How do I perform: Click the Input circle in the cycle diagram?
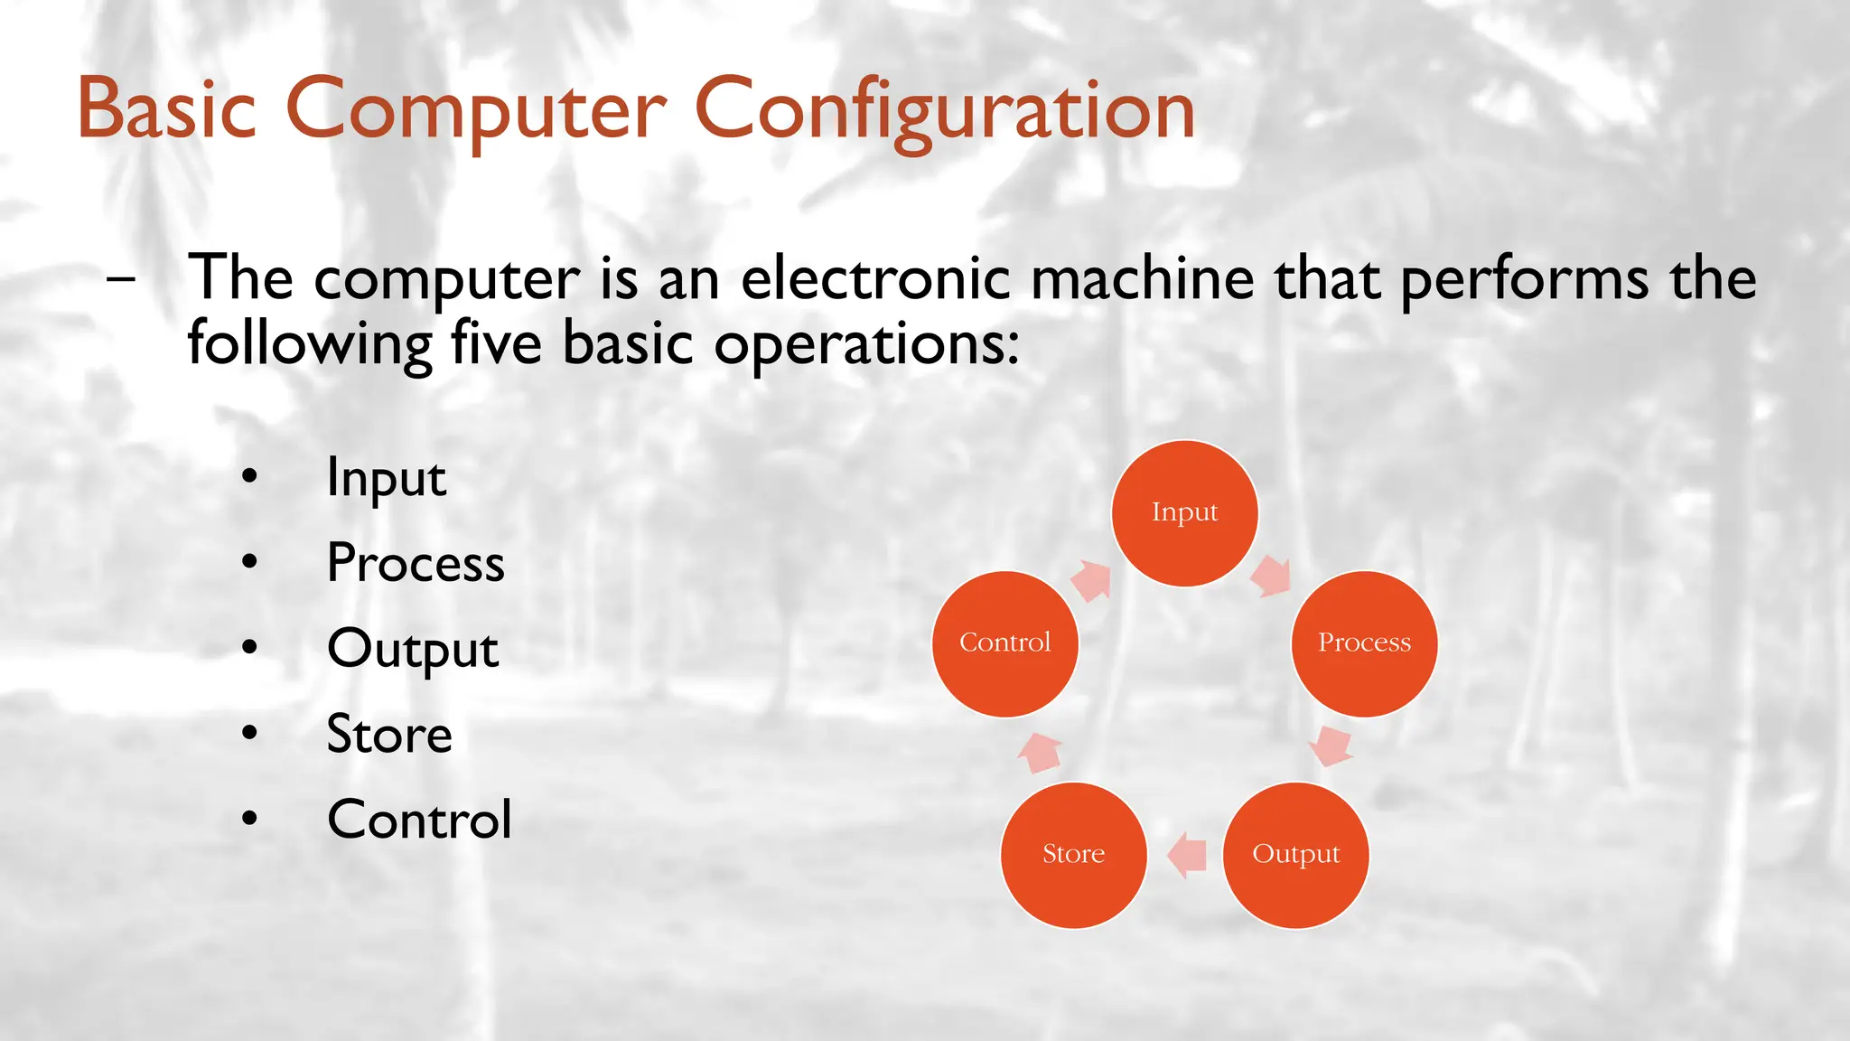pyautogui.click(x=1184, y=513)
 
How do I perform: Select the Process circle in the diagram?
pyautogui.click(x=1364, y=643)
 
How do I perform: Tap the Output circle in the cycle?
pyautogui.click(x=1295, y=855)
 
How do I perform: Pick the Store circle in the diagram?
pyautogui.click(x=1074, y=855)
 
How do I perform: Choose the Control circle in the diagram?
pyautogui.click(x=1005, y=643)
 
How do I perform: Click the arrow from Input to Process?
pyautogui.click(x=1272, y=576)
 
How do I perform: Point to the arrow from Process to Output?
pyautogui.click(x=1330, y=745)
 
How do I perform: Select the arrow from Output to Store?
pyautogui.click(x=1187, y=854)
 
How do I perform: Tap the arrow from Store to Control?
pyautogui.click(x=1040, y=752)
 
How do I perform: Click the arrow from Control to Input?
pyautogui.click(x=1091, y=580)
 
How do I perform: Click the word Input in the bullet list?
pyautogui.click(x=386, y=478)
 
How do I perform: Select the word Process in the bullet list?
pyautogui.click(x=416, y=563)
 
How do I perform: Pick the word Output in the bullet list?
pyautogui.click(x=413, y=649)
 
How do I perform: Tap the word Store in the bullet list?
pyautogui.click(x=389, y=734)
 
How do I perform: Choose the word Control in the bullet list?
pyautogui.click(x=419, y=820)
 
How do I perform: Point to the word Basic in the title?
pyautogui.click(x=167, y=109)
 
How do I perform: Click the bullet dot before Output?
pyautogui.click(x=250, y=648)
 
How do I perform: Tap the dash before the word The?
pyautogui.click(x=120, y=278)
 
